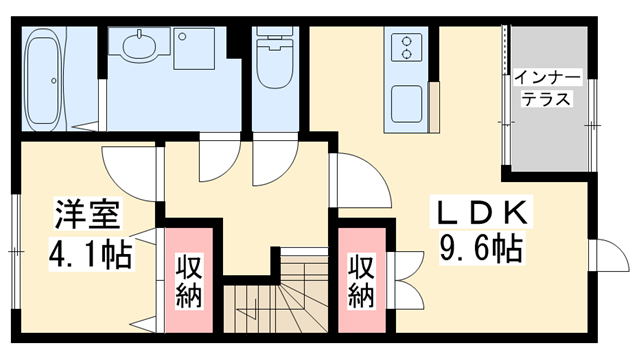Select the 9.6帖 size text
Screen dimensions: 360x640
pos(482,246)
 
